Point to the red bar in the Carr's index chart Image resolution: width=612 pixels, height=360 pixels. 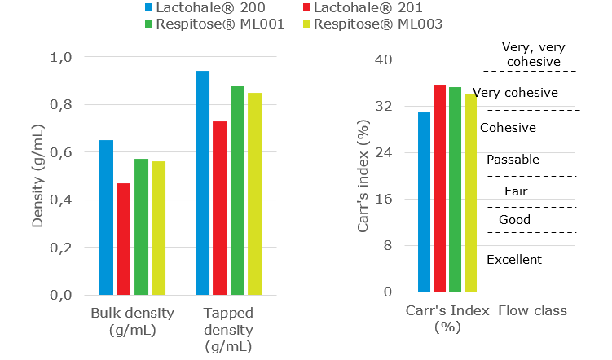click(439, 188)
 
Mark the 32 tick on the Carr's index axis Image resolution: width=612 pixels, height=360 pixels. click(383, 107)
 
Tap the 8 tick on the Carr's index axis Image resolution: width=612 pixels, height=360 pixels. click(387, 246)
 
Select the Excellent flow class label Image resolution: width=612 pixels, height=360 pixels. click(513, 260)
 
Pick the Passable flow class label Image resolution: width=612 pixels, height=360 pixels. click(513, 160)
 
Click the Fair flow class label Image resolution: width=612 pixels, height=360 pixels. click(516, 191)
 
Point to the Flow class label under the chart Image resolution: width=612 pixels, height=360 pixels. click(532, 310)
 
